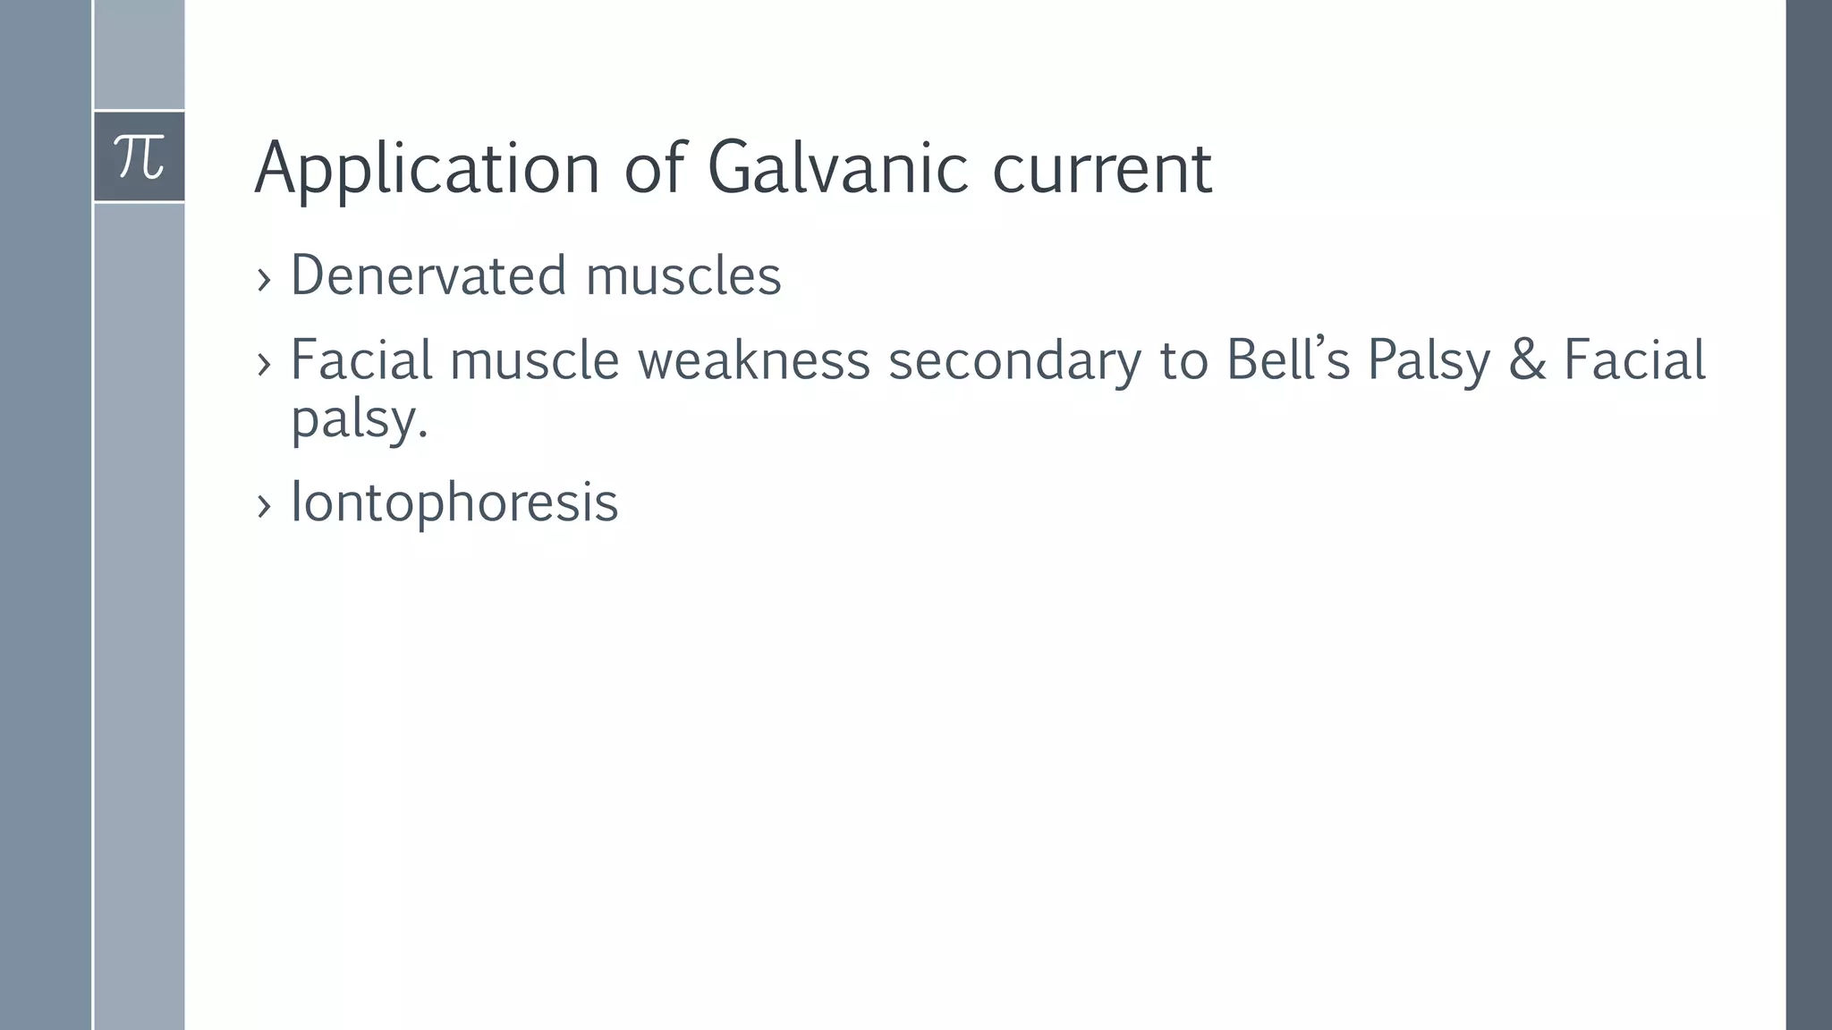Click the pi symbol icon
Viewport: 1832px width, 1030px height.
(140, 157)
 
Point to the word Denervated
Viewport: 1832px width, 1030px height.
(428, 275)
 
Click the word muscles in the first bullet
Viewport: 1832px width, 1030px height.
(683, 275)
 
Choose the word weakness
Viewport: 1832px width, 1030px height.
(753, 360)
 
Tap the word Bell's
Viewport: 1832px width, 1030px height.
(1287, 360)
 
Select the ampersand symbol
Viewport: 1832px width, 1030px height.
(1527, 360)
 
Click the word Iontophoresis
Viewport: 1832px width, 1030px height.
(454, 502)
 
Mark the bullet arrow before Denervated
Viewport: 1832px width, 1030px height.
(263, 280)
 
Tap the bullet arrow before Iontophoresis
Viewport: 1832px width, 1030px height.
(263, 506)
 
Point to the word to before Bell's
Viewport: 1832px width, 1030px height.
(1183, 360)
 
